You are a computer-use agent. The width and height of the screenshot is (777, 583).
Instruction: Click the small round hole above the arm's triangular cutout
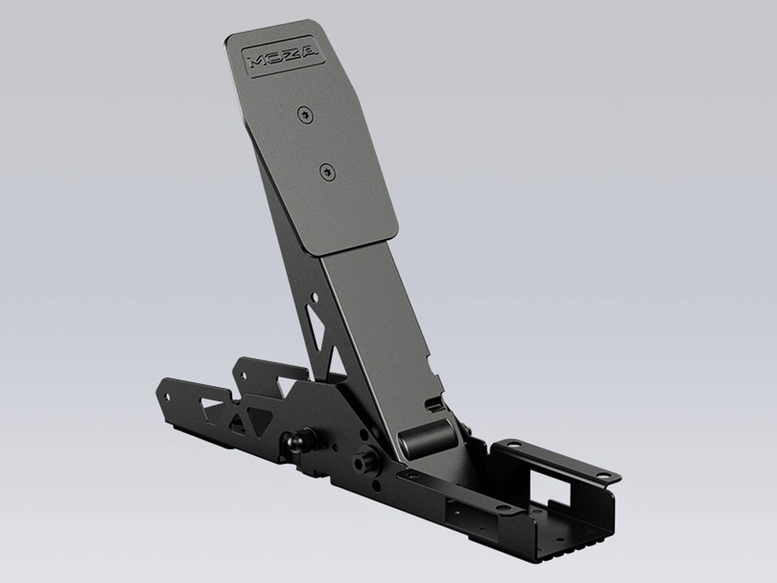(315, 299)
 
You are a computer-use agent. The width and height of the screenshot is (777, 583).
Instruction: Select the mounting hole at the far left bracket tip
(167, 396)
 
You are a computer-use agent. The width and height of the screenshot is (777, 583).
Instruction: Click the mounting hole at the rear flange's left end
(512, 446)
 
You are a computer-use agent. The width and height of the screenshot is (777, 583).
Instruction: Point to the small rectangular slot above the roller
(433, 407)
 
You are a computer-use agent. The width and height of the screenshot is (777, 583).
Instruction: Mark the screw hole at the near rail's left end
(408, 475)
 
